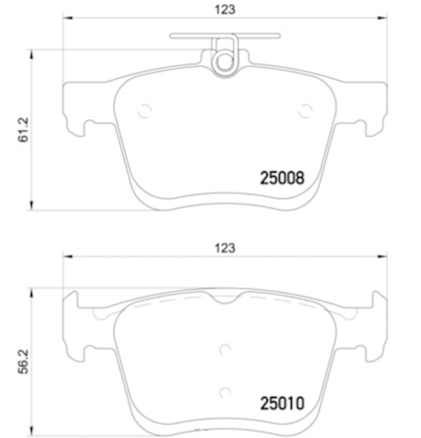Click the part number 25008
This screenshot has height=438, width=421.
282,178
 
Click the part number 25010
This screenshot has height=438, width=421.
282,403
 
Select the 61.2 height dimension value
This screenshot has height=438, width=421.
24,130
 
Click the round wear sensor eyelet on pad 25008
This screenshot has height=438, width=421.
223,62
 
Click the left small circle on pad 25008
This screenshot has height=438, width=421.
144,111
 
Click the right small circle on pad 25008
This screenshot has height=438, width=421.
305,111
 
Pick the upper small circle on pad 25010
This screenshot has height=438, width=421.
225,349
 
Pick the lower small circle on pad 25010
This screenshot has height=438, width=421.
225,392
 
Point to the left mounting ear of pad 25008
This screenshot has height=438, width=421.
75,107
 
